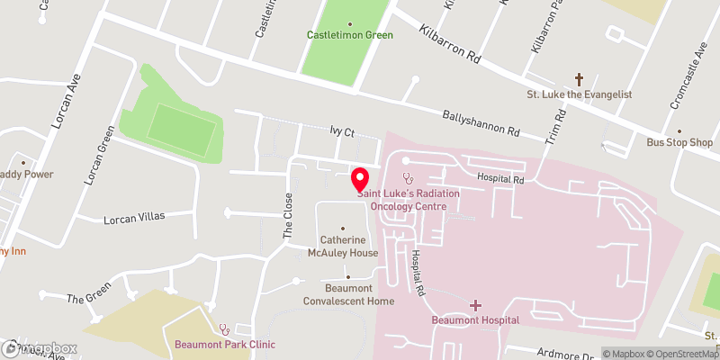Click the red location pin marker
click(x=360, y=179)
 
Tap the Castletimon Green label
click(x=350, y=36)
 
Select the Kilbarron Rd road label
click(x=450, y=41)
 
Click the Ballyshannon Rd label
click(x=481, y=124)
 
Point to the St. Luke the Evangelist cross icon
click(x=580, y=79)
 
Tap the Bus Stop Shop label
click(x=679, y=143)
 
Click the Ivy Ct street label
click(x=342, y=133)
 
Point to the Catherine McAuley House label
click(x=343, y=247)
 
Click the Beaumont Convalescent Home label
click(x=347, y=294)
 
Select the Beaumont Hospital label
click(x=475, y=320)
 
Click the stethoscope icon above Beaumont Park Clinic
click(x=223, y=329)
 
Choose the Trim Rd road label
click(x=554, y=127)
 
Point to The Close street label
click(x=289, y=214)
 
